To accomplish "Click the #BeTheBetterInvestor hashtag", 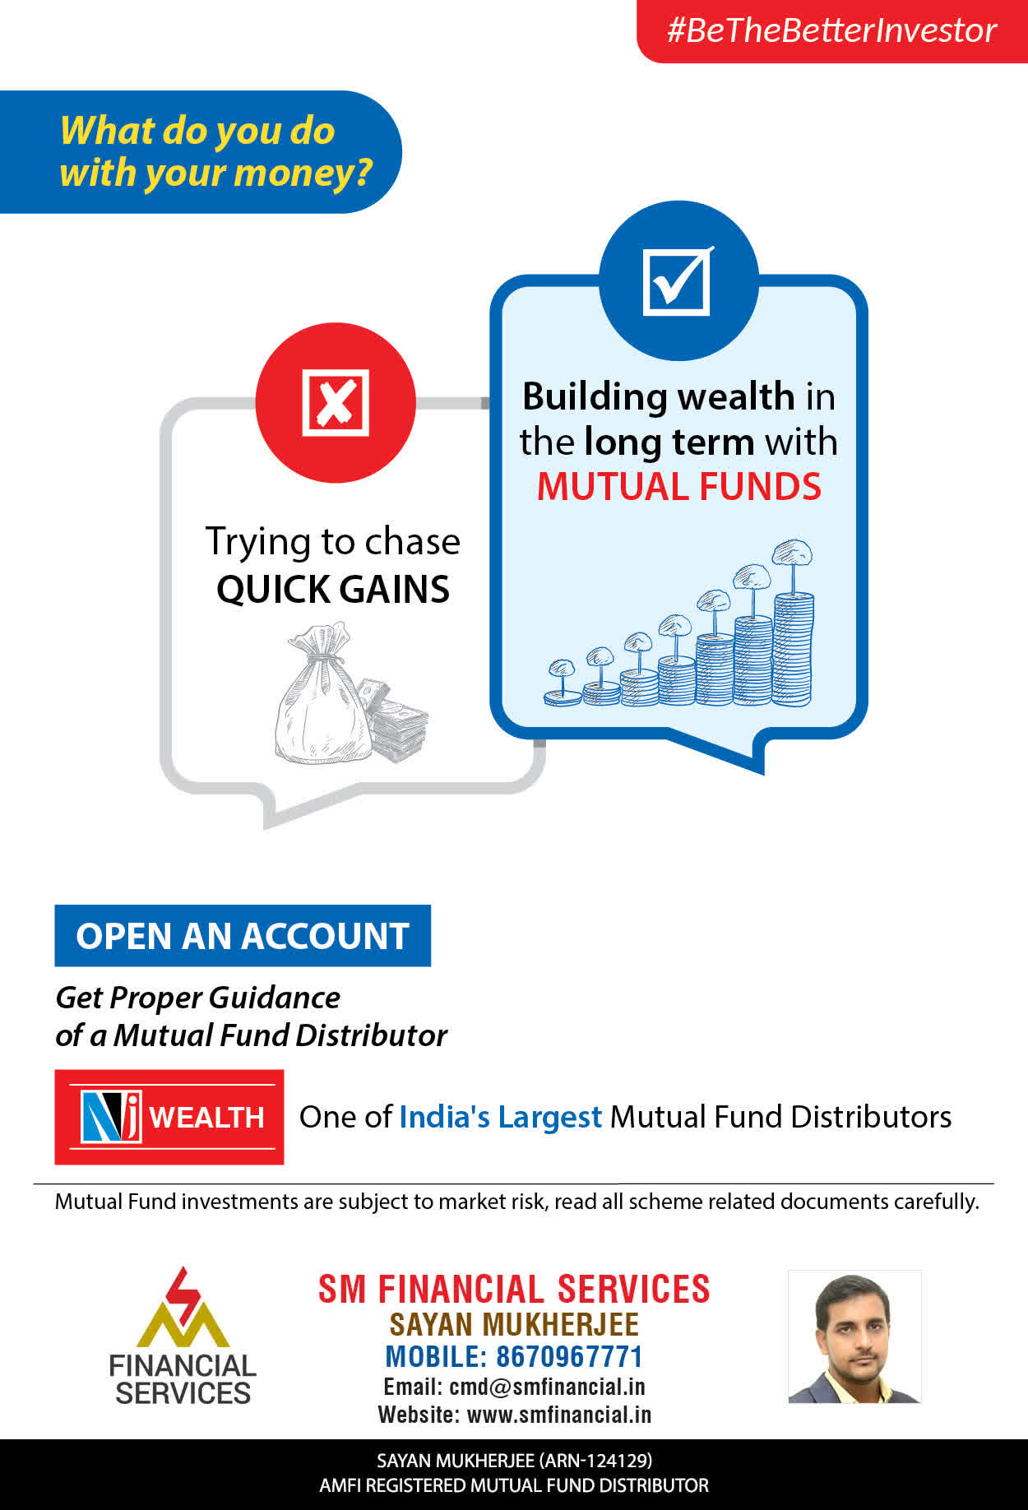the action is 831,30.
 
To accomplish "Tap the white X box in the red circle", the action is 336,402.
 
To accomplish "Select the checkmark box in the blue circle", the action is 678,280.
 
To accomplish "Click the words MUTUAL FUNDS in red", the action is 679,486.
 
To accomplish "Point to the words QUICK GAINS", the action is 333,590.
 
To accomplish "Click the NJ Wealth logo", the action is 169,1117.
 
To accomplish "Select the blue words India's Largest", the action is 501,1117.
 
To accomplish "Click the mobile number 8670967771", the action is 569,1356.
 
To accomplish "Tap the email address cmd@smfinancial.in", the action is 547,1387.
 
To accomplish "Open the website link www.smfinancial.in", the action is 559,1415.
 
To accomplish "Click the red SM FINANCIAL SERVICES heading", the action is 514,1289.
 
